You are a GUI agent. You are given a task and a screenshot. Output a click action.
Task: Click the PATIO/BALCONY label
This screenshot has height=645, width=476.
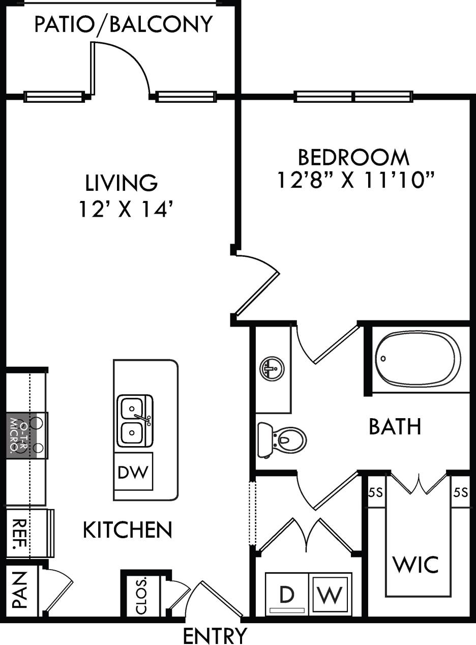[x=123, y=24]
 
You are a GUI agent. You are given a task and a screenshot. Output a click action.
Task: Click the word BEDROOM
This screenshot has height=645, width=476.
[x=353, y=158]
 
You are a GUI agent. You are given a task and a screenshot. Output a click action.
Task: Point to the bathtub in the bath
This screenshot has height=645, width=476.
[x=418, y=358]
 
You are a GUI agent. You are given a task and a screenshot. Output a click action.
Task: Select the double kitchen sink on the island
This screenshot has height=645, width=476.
[x=135, y=420]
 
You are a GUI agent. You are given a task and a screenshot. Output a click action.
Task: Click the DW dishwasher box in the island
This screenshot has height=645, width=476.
[x=133, y=472]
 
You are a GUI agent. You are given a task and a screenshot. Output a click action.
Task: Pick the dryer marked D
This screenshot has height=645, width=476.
[x=287, y=595]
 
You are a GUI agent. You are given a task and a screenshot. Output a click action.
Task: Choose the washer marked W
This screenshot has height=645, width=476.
[x=331, y=595]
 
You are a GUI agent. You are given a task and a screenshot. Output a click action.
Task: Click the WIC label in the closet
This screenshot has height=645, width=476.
[x=415, y=564]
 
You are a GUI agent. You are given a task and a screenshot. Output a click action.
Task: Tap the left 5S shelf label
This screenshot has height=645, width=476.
[x=375, y=492]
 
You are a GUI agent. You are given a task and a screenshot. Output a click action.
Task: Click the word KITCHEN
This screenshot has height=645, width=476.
[x=127, y=530]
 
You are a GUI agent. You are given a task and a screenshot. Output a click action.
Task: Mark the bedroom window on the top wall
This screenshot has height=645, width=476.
[x=353, y=96]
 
